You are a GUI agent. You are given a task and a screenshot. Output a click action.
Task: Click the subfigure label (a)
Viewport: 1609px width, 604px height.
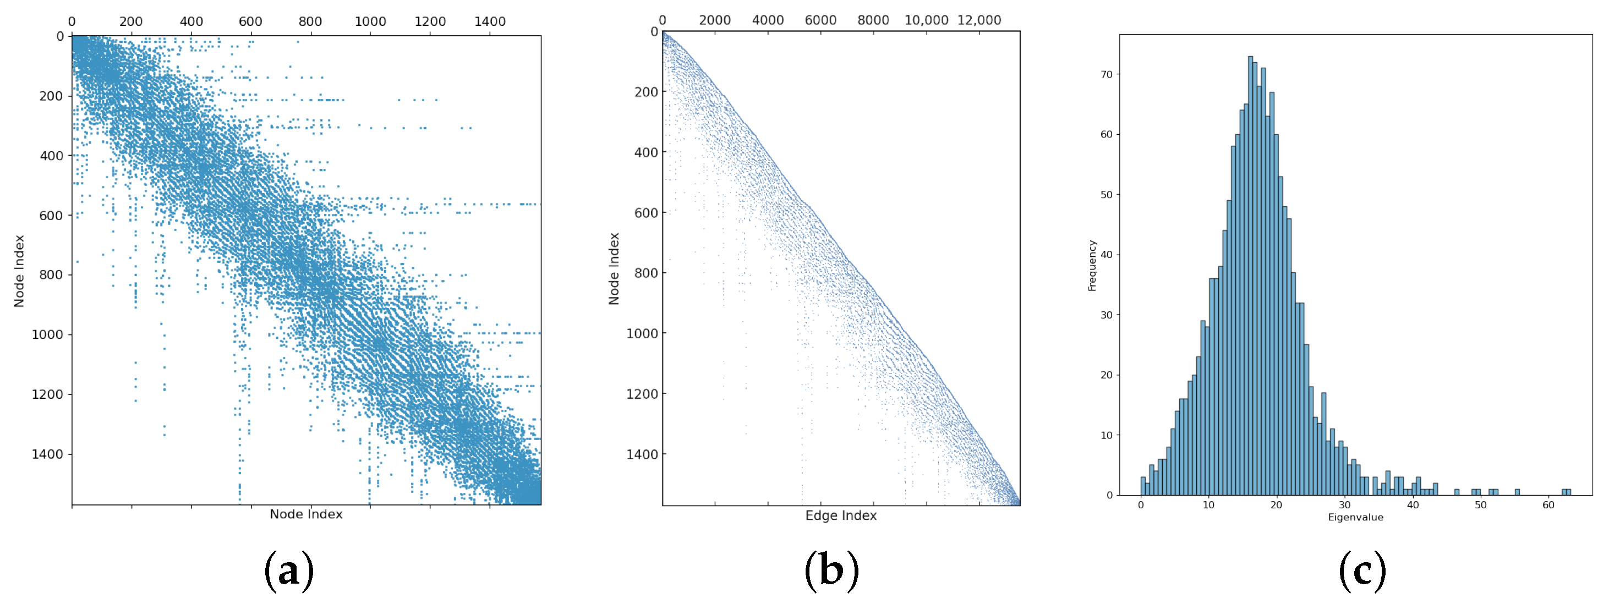pyautogui.click(x=288, y=570)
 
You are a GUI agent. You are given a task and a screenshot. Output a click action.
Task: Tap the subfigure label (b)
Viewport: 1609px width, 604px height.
pyautogui.click(x=831, y=570)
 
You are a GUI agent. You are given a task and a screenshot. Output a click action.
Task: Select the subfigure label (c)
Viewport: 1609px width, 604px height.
pyautogui.click(x=1362, y=570)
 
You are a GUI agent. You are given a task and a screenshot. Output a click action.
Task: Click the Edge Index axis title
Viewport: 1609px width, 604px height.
pyautogui.click(x=841, y=516)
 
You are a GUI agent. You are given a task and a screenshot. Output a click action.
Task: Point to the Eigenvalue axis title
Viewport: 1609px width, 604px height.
pyautogui.click(x=1355, y=517)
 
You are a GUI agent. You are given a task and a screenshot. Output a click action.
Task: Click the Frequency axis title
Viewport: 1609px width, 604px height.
pyautogui.click(x=1092, y=266)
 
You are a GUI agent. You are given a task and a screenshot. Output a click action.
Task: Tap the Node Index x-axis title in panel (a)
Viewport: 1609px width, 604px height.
pyautogui.click(x=306, y=514)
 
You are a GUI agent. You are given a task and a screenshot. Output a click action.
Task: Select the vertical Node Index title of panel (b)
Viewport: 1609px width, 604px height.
pyautogui.click(x=614, y=268)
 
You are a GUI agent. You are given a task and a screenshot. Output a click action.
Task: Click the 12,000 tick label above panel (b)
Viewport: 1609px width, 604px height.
pyautogui.click(x=979, y=20)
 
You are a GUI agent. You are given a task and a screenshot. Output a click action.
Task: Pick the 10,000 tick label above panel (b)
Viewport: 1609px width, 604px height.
pyautogui.click(x=926, y=20)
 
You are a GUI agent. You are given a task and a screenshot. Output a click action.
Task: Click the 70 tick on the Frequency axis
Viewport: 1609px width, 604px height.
pyautogui.click(x=1106, y=74)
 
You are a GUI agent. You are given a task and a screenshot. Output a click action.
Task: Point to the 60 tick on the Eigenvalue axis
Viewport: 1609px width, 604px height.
pyautogui.click(x=1548, y=504)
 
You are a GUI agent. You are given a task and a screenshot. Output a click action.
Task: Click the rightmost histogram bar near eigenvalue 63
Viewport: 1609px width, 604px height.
pyautogui.click(x=1568, y=492)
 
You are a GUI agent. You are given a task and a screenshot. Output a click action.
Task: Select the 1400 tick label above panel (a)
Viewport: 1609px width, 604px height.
pyautogui.click(x=490, y=21)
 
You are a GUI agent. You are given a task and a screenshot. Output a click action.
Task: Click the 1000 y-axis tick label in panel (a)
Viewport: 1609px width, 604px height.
pyautogui.click(x=47, y=334)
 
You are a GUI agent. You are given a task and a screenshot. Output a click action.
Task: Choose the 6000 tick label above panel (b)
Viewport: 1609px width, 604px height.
pyautogui.click(x=820, y=20)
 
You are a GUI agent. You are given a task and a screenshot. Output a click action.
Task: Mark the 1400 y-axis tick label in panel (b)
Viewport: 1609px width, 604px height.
pyautogui.click(x=642, y=454)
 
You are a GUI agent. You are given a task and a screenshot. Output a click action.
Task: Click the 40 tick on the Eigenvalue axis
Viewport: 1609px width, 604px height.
pyautogui.click(x=1413, y=504)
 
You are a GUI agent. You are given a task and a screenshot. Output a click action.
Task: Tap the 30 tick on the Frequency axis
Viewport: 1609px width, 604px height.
pyautogui.click(x=1106, y=315)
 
